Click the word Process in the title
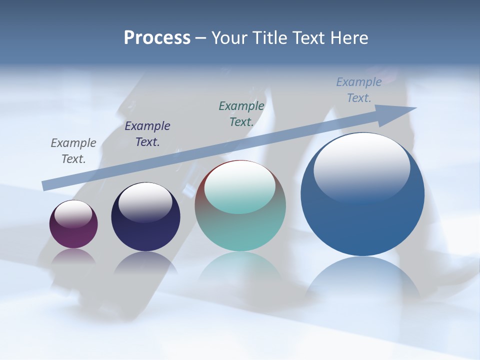click(x=157, y=38)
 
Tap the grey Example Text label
click(x=73, y=150)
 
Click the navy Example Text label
click(x=147, y=133)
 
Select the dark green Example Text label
click(x=241, y=113)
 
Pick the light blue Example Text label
click(x=358, y=90)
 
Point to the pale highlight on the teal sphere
click(x=239, y=187)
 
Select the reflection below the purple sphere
click(x=73, y=256)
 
